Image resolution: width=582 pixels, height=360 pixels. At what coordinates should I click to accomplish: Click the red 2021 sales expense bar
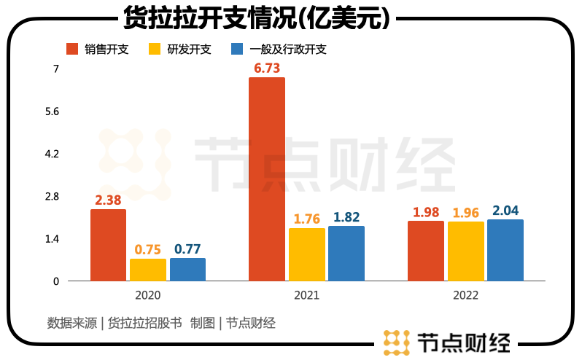click(x=267, y=179)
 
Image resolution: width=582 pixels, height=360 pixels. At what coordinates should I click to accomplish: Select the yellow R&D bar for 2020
click(x=148, y=270)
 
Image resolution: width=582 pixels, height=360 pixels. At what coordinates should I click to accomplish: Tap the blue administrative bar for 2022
click(x=505, y=250)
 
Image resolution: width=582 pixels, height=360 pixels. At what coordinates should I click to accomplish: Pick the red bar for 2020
click(x=108, y=245)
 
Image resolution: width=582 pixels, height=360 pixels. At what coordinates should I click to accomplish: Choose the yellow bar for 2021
click(x=306, y=254)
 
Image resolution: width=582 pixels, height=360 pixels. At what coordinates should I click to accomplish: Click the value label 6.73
click(x=267, y=68)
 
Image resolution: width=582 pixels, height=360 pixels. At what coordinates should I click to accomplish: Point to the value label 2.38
click(x=109, y=200)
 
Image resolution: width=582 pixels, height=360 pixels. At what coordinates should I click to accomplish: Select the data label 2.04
click(x=505, y=211)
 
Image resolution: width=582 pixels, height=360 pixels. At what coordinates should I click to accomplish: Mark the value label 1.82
click(x=346, y=216)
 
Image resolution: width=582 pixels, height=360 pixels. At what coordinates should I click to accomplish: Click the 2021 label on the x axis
click(x=306, y=296)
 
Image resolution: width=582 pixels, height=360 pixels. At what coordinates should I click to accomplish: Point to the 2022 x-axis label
click(x=465, y=296)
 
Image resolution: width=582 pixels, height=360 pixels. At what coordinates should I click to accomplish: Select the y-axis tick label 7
click(x=55, y=69)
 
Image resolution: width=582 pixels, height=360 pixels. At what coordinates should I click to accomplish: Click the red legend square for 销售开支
click(x=71, y=49)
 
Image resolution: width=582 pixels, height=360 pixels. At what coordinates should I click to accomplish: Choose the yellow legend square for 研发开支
click(x=155, y=49)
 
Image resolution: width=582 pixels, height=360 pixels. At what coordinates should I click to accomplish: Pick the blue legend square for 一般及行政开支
click(x=236, y=49)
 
